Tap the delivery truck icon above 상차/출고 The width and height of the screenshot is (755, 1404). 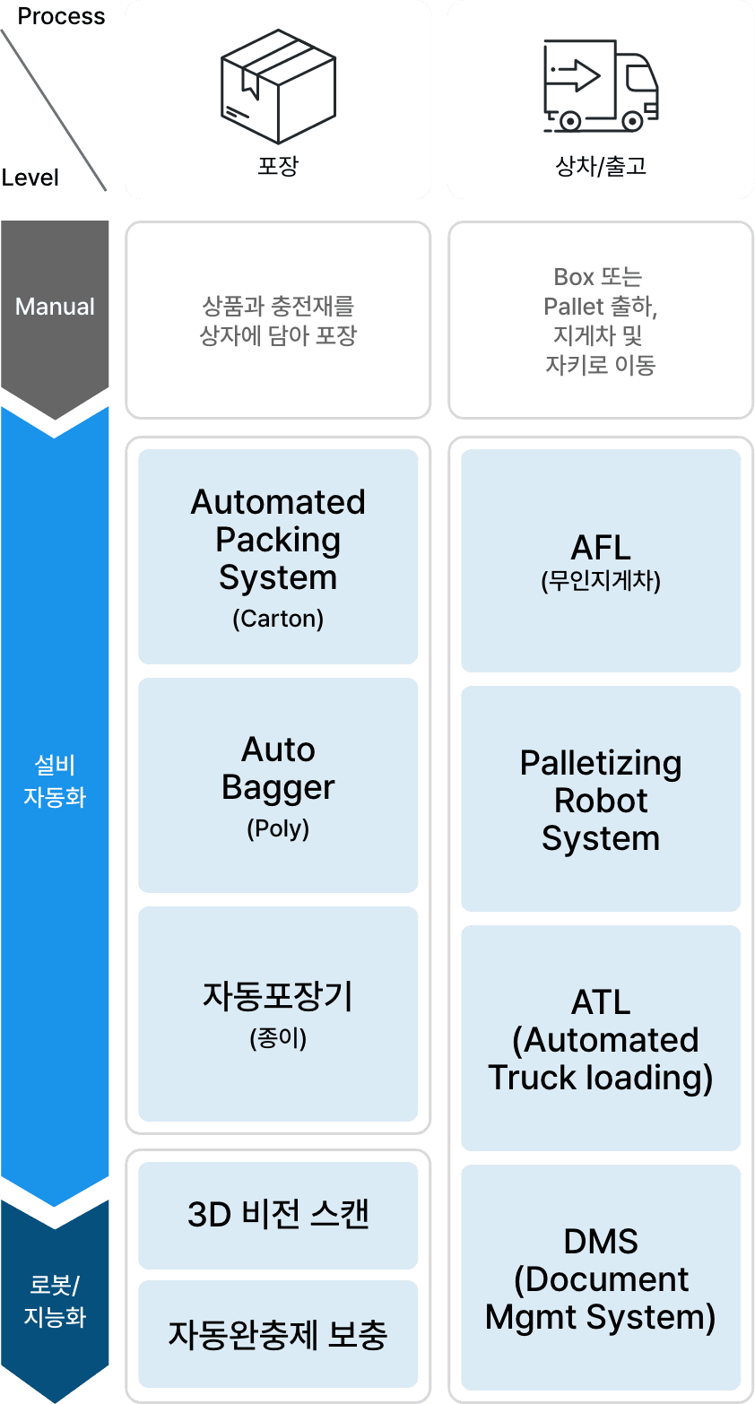[601, 85]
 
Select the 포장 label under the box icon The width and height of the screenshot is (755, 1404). [278, 166]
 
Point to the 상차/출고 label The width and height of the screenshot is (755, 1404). [601, 166]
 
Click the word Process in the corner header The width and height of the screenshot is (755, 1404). [61, 16]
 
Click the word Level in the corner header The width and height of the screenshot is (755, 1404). [30, 178]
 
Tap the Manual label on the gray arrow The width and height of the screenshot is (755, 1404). [55, 307]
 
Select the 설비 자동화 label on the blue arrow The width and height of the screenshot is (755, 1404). [55, 781]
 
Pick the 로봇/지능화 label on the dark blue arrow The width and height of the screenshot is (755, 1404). [55, 1301]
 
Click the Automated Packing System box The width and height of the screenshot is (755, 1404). [278, 556]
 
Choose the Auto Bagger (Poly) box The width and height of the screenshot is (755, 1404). [278, 785]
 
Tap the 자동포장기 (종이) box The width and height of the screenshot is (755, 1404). [278, 1014]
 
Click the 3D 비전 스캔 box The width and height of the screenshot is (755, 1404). [278, 1215]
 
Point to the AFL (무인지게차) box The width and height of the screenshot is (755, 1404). [601, 560]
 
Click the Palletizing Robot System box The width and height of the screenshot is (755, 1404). [601, 800]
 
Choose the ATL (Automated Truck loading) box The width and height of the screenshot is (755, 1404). [601, 1039]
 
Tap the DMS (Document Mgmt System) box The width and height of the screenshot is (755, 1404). [601, 1278]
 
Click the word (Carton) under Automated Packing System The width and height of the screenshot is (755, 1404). [278, 619]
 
